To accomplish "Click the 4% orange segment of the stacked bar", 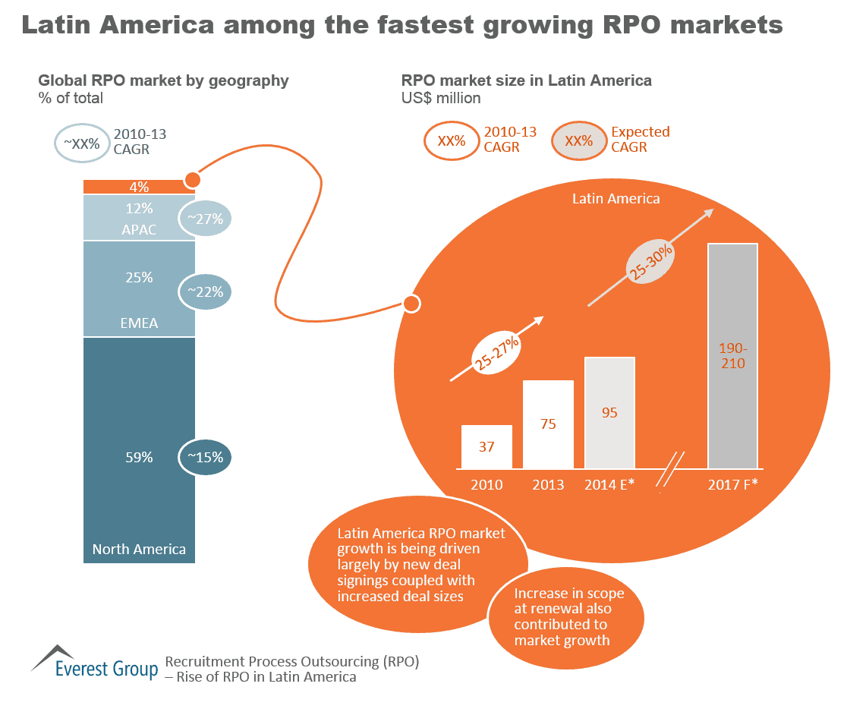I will (x=139, y=187).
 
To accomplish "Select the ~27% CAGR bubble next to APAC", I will (x=204, y=219).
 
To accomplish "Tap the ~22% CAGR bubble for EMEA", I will (x=204, y=291).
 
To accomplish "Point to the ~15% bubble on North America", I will (x=204, y=457).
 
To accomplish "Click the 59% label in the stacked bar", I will (x=139, y=457).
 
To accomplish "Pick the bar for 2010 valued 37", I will (x=486, y=446).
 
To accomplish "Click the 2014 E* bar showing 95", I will (x=609, y=412).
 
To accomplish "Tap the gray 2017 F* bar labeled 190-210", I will (x=733, y=355).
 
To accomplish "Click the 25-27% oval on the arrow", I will (x=496, y=351).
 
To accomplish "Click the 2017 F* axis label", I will (x=733, y=484).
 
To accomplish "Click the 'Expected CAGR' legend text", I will (x=640, y=140).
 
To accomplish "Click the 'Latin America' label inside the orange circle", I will (x=616, y=199).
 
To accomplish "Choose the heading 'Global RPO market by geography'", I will (x=163, y=80).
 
